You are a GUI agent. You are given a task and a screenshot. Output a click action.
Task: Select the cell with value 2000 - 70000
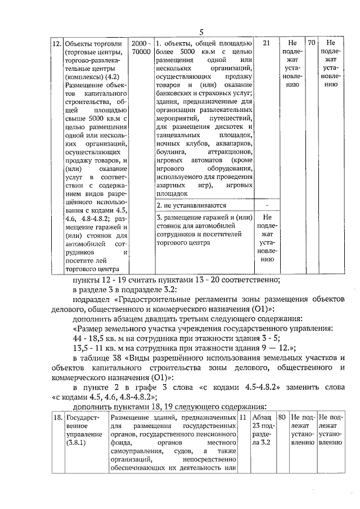141,47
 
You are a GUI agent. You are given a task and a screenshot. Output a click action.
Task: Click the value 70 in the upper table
310,43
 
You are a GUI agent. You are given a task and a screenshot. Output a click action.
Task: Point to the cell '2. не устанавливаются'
191,205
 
